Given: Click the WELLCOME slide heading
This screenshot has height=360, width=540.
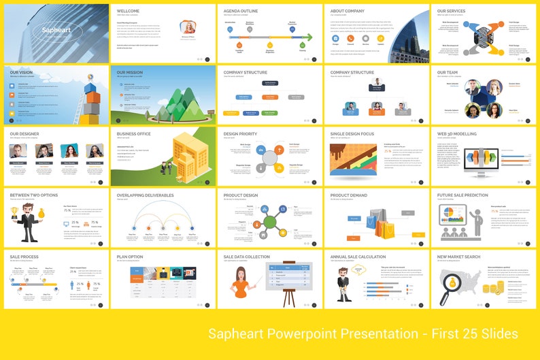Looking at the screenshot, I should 129,11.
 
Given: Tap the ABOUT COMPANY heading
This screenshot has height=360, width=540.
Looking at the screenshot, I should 347,11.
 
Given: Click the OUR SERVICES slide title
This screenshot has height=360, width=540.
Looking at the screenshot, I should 452,11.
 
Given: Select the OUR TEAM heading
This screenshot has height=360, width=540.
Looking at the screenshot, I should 448,72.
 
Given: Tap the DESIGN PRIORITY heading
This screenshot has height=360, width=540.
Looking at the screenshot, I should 240,134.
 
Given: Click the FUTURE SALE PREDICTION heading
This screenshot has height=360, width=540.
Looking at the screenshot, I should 463,195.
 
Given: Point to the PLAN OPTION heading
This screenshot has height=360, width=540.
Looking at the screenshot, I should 131,257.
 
